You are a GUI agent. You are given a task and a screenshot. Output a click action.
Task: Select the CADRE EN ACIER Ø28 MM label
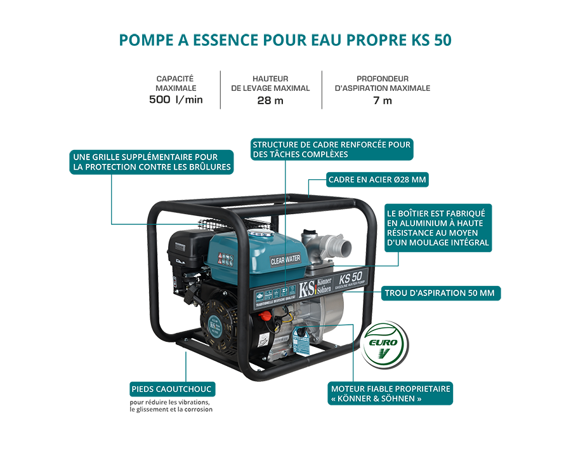[377, 180]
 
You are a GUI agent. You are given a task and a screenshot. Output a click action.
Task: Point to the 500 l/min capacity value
[176, 100]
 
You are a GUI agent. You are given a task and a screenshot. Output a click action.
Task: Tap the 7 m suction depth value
[382, 100]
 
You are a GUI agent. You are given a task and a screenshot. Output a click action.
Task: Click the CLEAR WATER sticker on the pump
[285, 259]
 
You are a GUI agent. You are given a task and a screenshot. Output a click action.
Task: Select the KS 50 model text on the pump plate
[351, 278]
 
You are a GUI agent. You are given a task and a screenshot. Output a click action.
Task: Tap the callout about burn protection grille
[151, 162]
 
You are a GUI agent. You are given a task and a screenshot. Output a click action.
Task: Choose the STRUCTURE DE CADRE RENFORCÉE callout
[331, 149]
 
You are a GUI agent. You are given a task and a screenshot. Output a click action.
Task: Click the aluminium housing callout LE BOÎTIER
[438, 228]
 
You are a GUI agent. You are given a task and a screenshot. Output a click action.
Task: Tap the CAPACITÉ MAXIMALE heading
[175, 83]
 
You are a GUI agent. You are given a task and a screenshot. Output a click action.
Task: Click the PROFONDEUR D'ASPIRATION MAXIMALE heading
[382, 83]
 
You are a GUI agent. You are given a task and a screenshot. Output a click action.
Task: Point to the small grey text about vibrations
[170, 406]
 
